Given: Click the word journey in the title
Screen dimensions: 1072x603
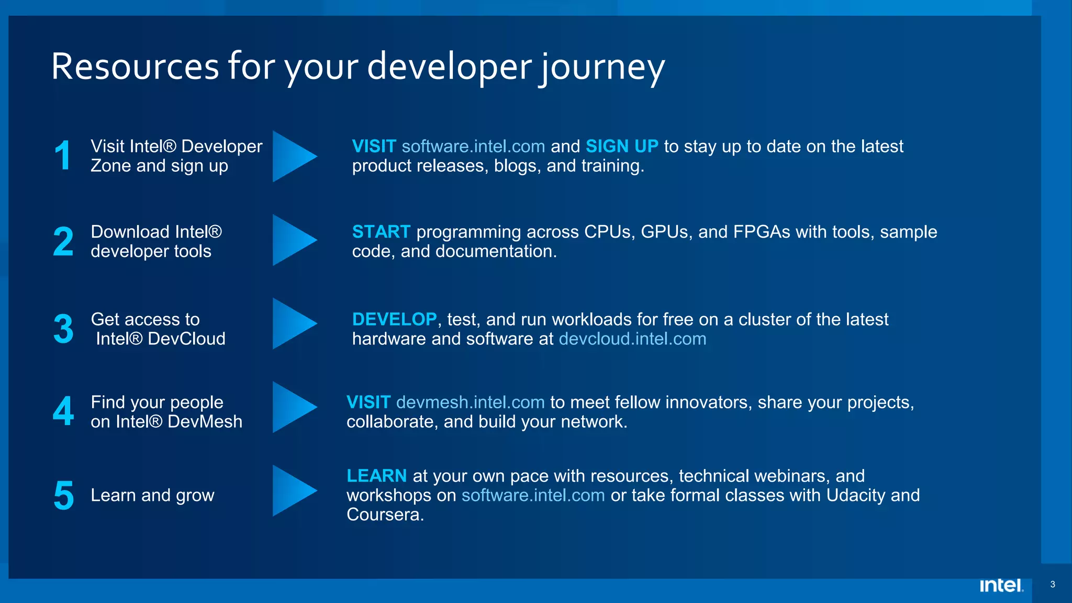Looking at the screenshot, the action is tap(602, 69).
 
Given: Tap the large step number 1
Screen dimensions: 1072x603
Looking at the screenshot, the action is tap(63, 155).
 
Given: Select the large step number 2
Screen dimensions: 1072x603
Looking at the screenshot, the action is tap(63, 241).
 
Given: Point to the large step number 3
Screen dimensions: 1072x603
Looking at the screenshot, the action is tap(63, 329).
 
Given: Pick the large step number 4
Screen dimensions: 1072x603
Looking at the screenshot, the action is tap(63, 411).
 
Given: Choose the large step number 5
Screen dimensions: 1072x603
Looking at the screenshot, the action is tap(63, 495).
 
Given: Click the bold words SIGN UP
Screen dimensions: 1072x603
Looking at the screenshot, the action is tap(622, 146).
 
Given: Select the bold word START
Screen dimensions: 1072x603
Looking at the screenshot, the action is tap(381, 231).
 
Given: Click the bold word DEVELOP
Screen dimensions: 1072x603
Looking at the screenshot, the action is tap(394, 319).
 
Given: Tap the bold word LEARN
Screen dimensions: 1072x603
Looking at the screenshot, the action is tap(376, 475).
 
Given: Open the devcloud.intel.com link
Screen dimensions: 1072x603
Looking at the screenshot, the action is tap(632, 339).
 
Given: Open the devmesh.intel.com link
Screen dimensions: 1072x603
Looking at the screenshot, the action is tap(470, 402).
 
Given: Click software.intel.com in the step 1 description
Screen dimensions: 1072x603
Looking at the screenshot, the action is tap(473, 146).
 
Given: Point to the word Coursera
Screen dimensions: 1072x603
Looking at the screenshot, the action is tap(385, 515).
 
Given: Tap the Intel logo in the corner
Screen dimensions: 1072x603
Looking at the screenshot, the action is tap(1001, 585).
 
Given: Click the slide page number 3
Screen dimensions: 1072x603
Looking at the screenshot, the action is tap(1053, 584).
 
